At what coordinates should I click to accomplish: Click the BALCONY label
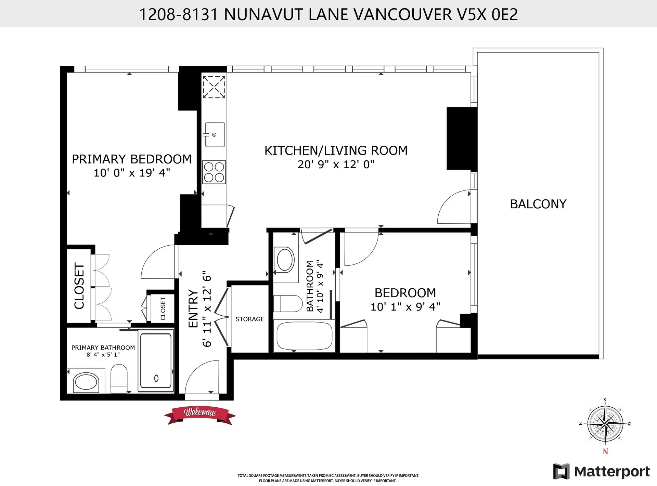tap(538, 204)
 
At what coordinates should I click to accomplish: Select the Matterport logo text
tap(611, 472)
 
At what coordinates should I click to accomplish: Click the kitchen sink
tap(215, 135)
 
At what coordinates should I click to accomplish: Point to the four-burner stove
tap(214, 172)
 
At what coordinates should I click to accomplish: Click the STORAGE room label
tap(250, 319)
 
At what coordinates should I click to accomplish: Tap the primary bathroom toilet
tap(119, 378)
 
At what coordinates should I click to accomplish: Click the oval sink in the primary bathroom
tap(86, 382)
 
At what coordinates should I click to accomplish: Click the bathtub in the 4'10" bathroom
tap(304, 336)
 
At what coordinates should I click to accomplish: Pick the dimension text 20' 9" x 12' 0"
tap(336, 165)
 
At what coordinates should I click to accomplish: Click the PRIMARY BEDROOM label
tap(132, 159)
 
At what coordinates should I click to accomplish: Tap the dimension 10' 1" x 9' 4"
tap(405, 307)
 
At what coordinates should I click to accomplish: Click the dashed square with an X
tap(214, 87)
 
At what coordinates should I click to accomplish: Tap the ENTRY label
tap(193, 308)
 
